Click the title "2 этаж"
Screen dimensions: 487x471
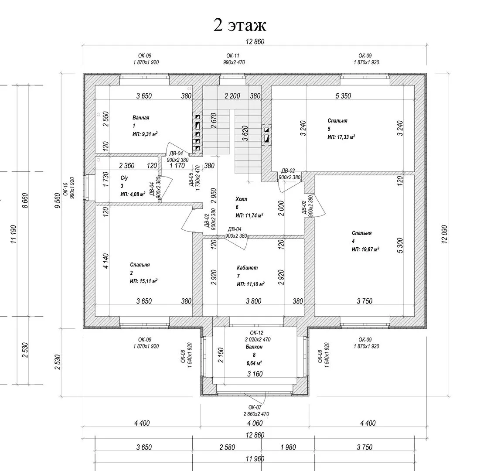(240, 25)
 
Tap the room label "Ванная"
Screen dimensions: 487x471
(141, 118)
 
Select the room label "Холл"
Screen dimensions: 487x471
(242, 199)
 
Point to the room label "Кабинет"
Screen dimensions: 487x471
(247, 268)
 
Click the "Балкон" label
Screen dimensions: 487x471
(254, 347)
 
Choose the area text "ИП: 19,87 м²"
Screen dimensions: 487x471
(365, 249)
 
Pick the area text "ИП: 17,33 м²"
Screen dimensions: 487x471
(341, 137)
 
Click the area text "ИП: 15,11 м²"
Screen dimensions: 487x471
(143, 281)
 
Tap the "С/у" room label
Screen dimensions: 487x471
(124, 178)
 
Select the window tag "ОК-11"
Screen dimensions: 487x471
(233, 56)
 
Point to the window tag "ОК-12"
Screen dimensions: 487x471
(256, 333)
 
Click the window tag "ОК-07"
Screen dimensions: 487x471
(255, 407)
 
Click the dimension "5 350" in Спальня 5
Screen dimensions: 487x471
(343, 96)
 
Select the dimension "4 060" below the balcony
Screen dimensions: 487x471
(255, 423)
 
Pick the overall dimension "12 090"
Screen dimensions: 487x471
(444, 234)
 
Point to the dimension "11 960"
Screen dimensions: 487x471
(255, 459)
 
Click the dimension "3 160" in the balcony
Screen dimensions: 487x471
(255, 374)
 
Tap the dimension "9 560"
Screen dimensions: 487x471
(58, 201)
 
